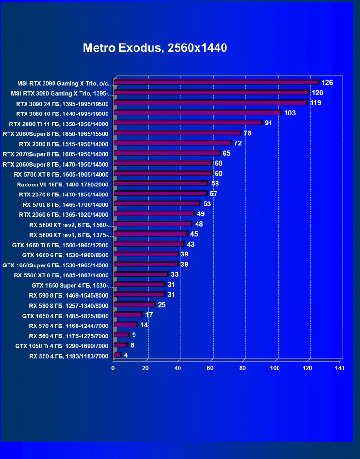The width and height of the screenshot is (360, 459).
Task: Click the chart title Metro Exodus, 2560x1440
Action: tap(155, 48)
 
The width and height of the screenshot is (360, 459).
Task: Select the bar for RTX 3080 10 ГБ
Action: tap(198, 113)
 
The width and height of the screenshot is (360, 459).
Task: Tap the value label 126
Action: tap(327, 83)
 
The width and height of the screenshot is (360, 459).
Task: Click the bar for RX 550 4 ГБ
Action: tap(117, 355)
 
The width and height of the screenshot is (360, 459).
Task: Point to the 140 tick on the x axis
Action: tap(339, 368)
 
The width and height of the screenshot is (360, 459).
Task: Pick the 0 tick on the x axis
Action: tap(113, 368)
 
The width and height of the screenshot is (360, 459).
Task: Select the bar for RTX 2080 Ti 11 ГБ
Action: tap(188, 123)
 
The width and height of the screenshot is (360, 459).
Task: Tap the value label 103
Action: tap(290, 113)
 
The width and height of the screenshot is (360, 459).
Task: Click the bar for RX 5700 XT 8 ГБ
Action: tap(162, 174)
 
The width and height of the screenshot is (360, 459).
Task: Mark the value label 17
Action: tap(149, 315)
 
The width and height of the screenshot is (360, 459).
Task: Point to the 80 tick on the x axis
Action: tap(243, 368)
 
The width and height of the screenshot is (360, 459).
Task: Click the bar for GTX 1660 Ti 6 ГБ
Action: tap(149, 244)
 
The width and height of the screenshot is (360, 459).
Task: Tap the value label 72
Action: tap(238, 143)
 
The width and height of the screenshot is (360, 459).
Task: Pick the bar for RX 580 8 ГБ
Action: tap(134, 305)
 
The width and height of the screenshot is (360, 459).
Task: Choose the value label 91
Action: tap(269, 123)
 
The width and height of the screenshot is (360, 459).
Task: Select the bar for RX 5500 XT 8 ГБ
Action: tap(141, 274)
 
